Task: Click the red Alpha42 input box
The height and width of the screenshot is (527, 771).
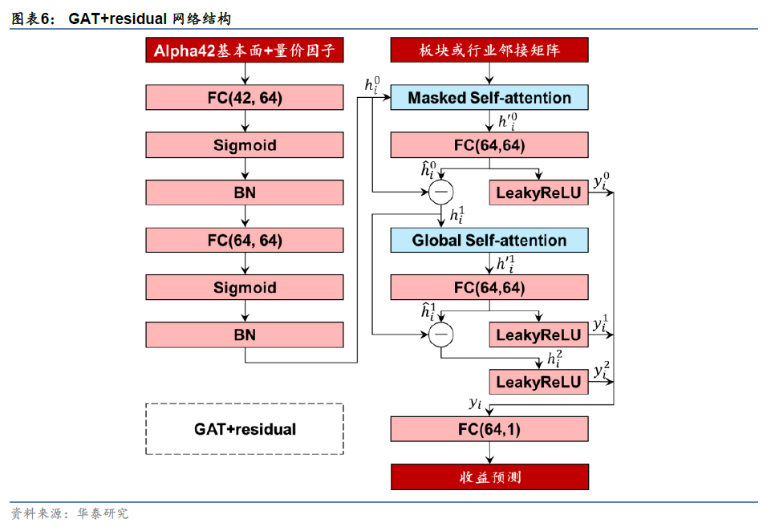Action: [x=245, y=51]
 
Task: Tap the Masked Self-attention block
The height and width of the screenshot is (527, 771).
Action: [x=489, y=98]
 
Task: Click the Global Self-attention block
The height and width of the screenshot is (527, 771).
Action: [x=489, y=241]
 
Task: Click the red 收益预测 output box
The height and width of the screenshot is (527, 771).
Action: [x=489, y=476]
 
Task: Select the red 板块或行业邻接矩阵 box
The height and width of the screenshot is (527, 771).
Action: [x=489, y=51]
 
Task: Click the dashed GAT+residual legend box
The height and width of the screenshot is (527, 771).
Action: [x=245, y=429]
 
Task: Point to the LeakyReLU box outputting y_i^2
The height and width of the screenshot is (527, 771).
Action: [x=538, y=382]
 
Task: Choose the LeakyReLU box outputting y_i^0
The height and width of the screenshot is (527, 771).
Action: [x=538, y=193]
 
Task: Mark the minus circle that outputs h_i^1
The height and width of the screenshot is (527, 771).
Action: [x=440, y=192]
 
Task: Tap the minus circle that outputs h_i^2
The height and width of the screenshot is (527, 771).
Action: [x=440, y=334]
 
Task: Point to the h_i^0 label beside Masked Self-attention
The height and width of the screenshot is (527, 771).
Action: [x=372, y=85]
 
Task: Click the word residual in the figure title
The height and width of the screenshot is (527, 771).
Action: [x=137, y=18]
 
